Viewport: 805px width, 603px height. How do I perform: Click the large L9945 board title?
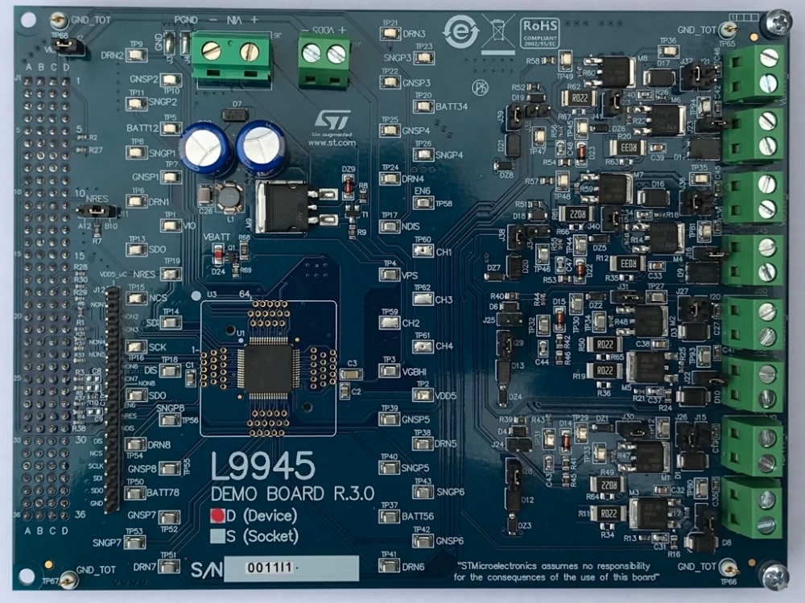[x=262, y=467]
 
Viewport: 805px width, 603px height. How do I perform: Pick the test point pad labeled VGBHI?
[x=389, y=371]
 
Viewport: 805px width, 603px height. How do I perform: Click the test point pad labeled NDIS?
[x=389, y=227]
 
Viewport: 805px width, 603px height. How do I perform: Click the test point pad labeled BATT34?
[x=423, y=105]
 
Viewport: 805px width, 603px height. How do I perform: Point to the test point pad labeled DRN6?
[x=389, y=566]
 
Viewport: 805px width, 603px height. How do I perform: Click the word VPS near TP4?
[x=409, y=275]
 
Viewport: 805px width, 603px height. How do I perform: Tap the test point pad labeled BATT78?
[x=136, y=492]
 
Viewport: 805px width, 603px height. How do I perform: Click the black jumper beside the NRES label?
[x=93, y=211]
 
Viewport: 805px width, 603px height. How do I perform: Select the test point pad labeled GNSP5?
[x=389, y=419]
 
